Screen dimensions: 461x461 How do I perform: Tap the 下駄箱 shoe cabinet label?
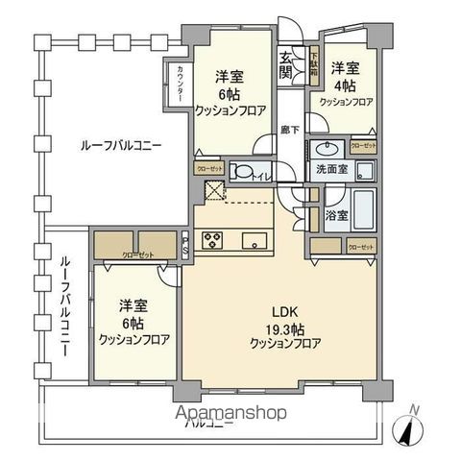[313, 66]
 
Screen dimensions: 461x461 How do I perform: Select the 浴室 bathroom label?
[334, 215]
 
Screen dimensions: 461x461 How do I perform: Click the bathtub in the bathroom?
[363, 208]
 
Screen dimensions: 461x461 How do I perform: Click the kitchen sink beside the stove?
[255, 240]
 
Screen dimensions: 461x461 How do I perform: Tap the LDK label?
[282, 312]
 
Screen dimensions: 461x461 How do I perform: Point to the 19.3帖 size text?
[282, 328]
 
